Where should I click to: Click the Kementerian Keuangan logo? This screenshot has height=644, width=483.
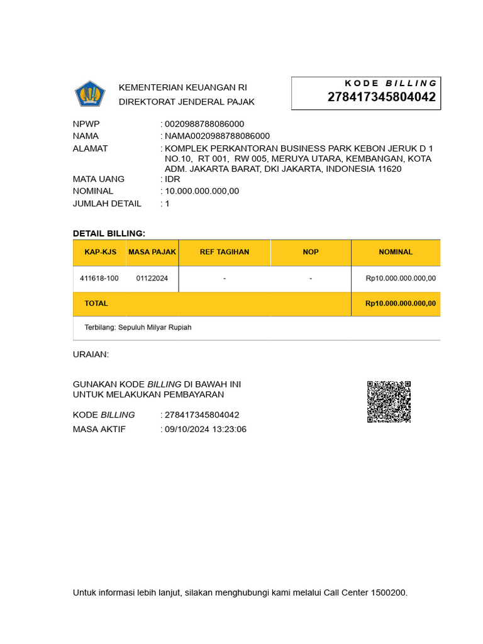tap(90, 94)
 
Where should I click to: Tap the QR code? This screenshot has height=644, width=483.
tap(389, 401)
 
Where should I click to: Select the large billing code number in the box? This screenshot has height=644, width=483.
tap(381, 97)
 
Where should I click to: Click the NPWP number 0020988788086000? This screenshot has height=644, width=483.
tap(204, 124)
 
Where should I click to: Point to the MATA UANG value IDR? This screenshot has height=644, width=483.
tap(172, 179)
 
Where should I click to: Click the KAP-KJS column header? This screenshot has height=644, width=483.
tap(101, 252)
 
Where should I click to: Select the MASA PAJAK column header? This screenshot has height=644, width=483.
tap(152, 252)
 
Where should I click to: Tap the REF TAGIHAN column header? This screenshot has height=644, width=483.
tap(225, 252)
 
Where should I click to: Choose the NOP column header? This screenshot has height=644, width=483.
tap(311, 252)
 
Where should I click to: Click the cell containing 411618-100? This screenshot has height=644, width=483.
tap(99, 278)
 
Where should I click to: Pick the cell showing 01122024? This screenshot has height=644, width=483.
tap(152, 278)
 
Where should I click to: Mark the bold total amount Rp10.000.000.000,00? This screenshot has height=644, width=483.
tap(400, 304)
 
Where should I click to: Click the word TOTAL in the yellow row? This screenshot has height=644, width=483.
tap(96, 304)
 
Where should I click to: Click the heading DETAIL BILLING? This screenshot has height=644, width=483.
tap(109, 233)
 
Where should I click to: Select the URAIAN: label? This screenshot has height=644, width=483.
tap(91, 355)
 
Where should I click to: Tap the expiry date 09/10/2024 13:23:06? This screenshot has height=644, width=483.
tap(206, 430)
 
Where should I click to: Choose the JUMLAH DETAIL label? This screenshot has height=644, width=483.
tap(107, 203)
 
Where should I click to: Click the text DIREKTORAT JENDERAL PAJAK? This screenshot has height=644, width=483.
tap(187, 102)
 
